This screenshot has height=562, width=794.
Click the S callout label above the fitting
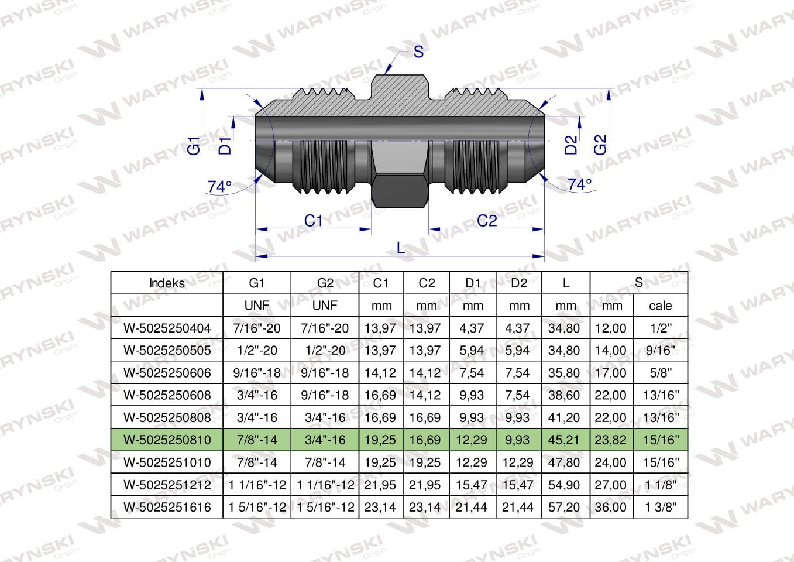[x=418, y=52]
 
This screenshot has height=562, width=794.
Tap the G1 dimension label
[x=194, y=145]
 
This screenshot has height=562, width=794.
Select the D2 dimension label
[x=570, y=145]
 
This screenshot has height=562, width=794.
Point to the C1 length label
[x=314, y=221]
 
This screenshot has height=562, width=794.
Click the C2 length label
[x=487, y=221]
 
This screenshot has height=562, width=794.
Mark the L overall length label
[x=401, y=248]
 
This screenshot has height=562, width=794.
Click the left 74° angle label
[x=220, y=187]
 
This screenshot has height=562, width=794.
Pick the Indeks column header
[x=167, y=283]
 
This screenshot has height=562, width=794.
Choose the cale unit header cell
[x=661, y=306]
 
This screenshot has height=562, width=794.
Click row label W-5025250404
[x=167, y=328]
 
